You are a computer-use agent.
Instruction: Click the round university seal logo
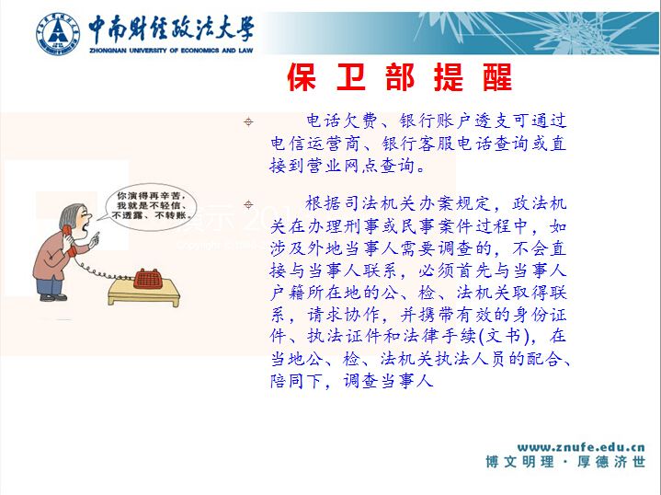pos(58,34)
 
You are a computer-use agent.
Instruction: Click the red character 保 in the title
pos(302,77)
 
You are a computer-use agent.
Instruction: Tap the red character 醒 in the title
pos(497,77)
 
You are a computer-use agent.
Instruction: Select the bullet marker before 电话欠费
pos(248,122)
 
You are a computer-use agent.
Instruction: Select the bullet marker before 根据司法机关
pos(248,204)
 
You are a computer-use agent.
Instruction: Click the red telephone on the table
pos(147,279)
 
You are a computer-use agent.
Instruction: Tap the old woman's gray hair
pos(69,216)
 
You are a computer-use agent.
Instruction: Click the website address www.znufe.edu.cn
pos(581,447)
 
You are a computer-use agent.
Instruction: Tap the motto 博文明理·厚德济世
pos(565,462)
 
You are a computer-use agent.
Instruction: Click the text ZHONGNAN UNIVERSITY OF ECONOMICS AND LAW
pos(171,51)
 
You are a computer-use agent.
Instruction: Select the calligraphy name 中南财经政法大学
pos(171,29)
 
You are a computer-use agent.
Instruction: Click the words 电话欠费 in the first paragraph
pos(342,121)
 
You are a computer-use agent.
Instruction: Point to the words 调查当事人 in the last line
pos(388,381)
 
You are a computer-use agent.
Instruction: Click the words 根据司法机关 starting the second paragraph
pos(361,204)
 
